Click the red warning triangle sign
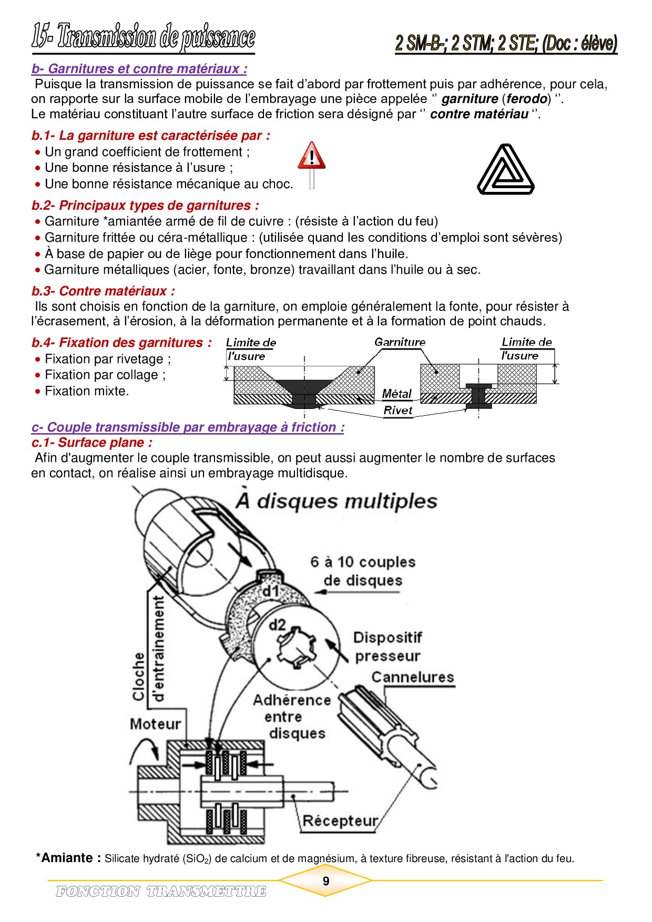(x=312, y=156)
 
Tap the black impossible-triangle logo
(x=505, y=170)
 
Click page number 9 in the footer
(x=326, y=881)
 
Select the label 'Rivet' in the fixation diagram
(x=398, y=411)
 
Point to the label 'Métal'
(x=396, y=394)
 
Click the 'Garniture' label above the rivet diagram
(x=400, y=342)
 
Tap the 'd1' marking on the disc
(x=271, y=591)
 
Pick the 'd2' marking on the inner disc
(x=277, y=625)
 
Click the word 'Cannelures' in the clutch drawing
(x=413, y=677)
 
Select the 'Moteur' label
(x=156, y=724)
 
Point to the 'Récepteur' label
(x=340, y=821)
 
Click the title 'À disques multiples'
(x=337, y=501)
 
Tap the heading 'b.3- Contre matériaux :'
(x=103, y=291)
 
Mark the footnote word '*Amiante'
(x=67, y=858)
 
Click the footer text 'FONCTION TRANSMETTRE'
(x=161, y=892)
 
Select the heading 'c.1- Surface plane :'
(x=92, y=443)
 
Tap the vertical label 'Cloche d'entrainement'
(x=148, y=649)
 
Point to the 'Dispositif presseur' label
(x=388, y=647)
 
